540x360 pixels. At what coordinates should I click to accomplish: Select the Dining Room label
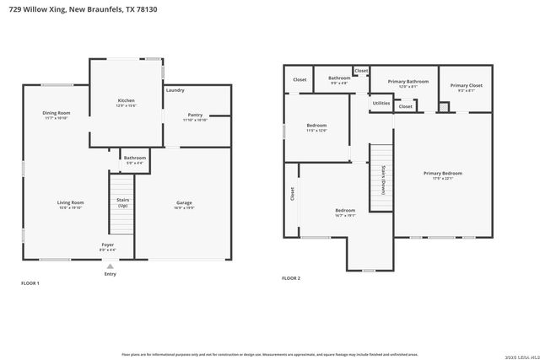pos(57,115)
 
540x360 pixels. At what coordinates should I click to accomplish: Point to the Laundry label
pos(175,89)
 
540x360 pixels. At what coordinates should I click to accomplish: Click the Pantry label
pos(195,116)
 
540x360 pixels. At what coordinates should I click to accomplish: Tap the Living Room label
pos(70,204)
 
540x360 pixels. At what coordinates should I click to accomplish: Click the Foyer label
pos(108,246)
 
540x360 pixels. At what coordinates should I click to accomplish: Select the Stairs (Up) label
pos(122,202)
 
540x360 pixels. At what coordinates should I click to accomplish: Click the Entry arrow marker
pos(110,266)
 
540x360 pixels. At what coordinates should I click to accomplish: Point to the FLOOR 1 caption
pos(30,283)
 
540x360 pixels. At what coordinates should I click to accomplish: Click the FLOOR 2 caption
pos(291,277)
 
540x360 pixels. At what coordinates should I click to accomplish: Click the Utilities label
pos(381,103)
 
